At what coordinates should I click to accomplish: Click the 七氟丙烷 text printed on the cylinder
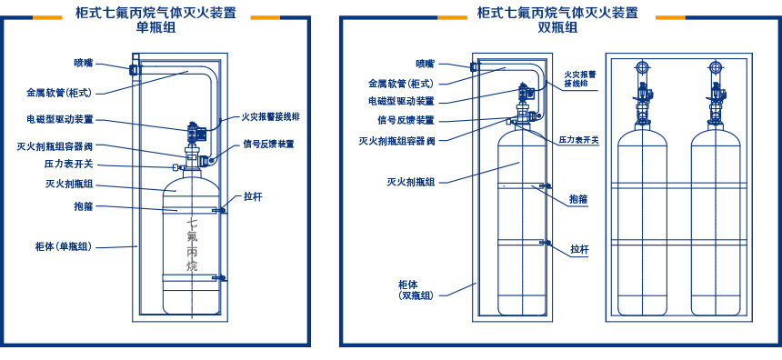point(192,245)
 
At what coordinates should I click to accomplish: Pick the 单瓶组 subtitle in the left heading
point(155,27)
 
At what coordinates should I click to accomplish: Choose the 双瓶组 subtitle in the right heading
point(556,27)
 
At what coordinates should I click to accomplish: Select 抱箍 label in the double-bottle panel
point(579,198)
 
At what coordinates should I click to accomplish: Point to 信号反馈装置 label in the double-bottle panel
point(406,120)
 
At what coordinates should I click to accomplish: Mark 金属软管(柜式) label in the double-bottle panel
point(400,83)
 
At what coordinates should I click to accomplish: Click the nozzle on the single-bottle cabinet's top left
point(134,69)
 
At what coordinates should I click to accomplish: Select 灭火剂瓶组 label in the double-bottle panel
point(411,182)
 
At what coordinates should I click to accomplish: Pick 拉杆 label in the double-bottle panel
point(579,248)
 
